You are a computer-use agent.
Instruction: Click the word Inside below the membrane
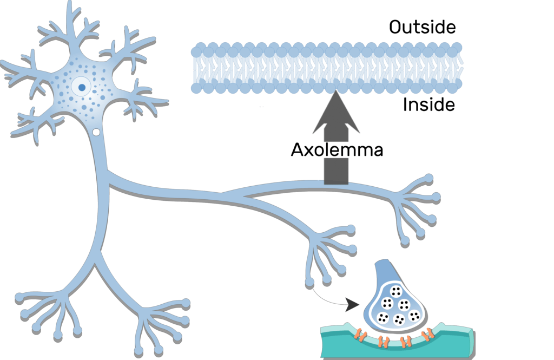click(428, 104)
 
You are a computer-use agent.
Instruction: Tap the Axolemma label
click(337, 150)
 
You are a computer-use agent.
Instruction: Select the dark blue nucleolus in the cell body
click(82, 87)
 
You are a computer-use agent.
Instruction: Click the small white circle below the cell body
click(96, 132)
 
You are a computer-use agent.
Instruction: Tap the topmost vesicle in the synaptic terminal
click(397, 292)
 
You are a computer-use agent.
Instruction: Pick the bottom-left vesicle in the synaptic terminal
click(383, 318)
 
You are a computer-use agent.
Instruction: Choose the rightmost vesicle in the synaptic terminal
click(414, 316)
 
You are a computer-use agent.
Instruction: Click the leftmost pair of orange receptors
click(359, 337)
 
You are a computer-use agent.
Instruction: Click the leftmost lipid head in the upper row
click(196, 52)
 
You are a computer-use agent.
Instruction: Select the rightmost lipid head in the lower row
click(458, 83)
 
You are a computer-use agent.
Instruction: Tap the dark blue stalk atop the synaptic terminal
click(385, 271)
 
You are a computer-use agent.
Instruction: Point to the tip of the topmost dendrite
click(70, 4)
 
